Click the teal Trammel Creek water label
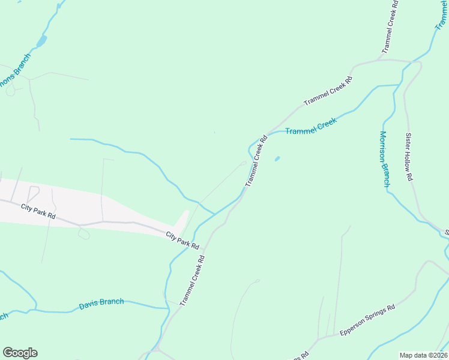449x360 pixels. pyautogui.click(x=310, y=126)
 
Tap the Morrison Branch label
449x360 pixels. pyautogui.click(x=385, y=159)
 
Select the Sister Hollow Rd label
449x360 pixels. pyautogui.click(x=409, y=157)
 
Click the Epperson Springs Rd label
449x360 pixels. pyautogui.click(x=367, y=320)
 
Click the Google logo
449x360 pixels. pyautogui.click(x=20, y=353)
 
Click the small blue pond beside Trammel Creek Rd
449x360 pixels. pyautogui.click(x=277, y=159)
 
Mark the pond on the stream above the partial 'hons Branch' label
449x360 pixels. pyautogui.click(x=41, y=41)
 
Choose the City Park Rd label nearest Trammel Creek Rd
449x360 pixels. pyautogui.click(x=182, y=239)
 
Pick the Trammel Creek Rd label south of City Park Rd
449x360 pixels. pyautogui.click(x=192, y=281)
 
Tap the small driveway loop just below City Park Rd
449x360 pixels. pyautogui.click(x=84, y=234)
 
